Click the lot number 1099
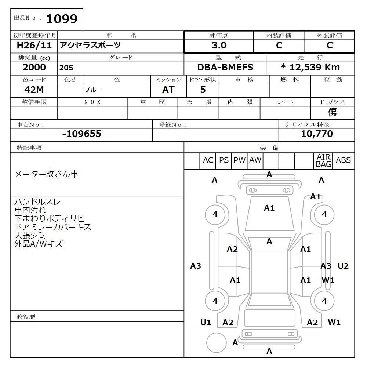[61, 19]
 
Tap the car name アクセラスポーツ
[90, 46]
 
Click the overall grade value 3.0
[219, 46]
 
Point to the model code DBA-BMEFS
[225, 68]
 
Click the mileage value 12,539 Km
[310, 68]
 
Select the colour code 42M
[34, 90]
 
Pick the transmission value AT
[168, 90]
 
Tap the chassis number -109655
[81, 134]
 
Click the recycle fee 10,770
[317, 134]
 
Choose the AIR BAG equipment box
[323, 161]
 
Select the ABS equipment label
[343, 160]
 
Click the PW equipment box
[239, 160]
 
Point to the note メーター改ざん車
[46, 174]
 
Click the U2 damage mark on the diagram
[343, 266]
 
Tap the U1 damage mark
[206, 323]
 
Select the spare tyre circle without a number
[216, 343]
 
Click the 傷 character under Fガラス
[332, 112]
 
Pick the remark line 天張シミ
[30, 235]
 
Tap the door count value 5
[203, 90]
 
